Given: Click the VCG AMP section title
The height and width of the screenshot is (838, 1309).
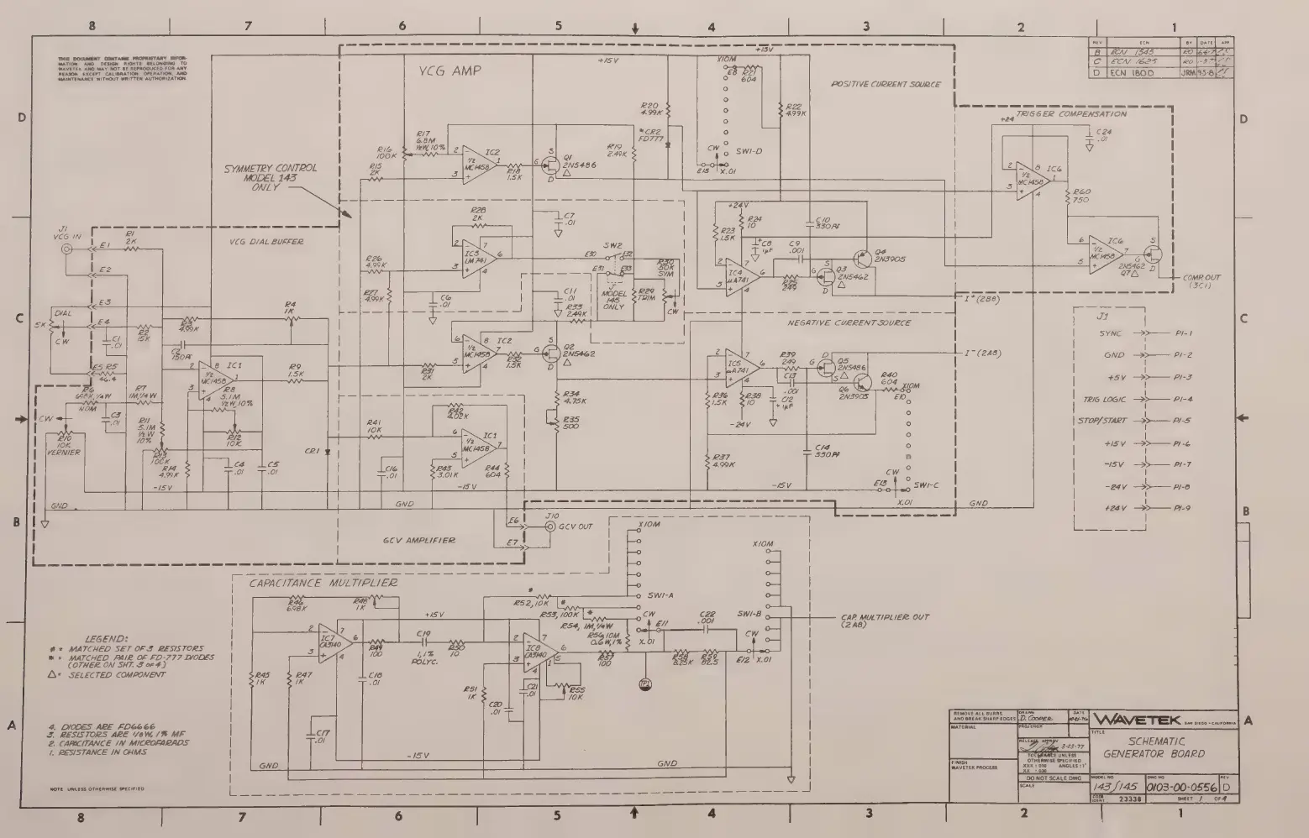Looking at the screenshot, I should click(450, 71).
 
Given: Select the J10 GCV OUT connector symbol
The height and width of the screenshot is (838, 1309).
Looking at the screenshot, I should click(550, 527).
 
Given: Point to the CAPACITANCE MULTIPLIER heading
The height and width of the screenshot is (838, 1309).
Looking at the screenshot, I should click(323, 582).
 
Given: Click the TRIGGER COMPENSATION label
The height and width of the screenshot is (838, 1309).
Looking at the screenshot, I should click(1070, 113).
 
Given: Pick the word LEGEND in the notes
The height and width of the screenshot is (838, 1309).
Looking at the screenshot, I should click(107, 639).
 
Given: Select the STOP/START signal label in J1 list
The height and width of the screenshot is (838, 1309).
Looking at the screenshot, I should click(1101, 421).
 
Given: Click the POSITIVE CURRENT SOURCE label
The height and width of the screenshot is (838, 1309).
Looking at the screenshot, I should click(886, 85).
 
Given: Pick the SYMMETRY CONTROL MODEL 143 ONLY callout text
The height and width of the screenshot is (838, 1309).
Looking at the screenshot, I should click(271, 177).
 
